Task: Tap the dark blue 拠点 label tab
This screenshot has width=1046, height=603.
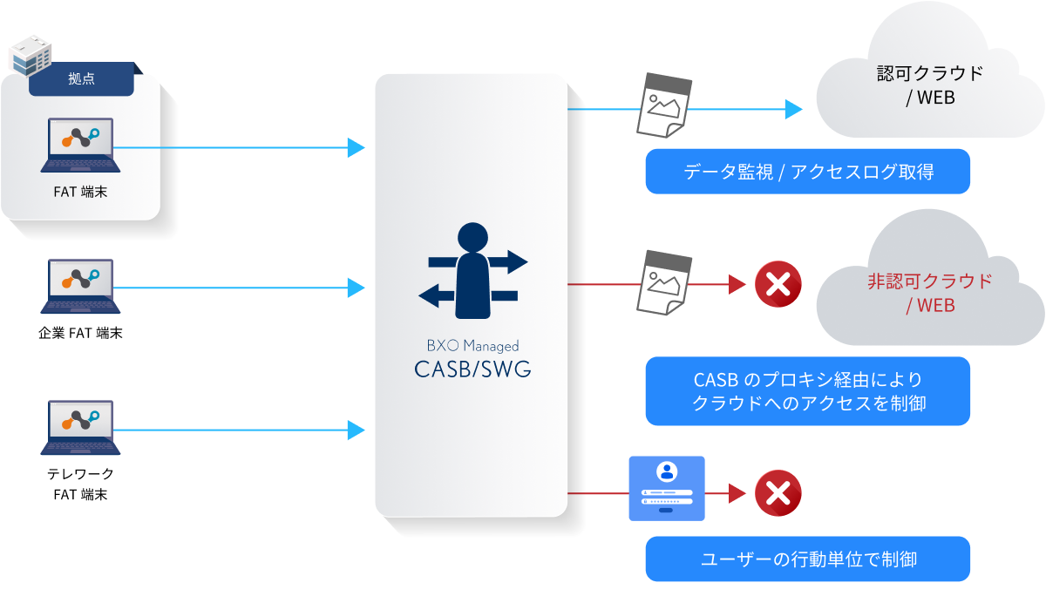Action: coord(81,79)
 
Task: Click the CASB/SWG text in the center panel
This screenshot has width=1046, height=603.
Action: coord(472,370)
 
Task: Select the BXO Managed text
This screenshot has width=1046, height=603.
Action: coord(472,346)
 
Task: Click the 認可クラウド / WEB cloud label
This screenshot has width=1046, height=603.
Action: coord(929,85)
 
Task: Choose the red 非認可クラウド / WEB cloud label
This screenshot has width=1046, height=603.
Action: coord(929,294)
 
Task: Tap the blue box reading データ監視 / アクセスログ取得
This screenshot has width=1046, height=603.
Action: coord(807,172)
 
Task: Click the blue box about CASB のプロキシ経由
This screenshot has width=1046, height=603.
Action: coord(807,391)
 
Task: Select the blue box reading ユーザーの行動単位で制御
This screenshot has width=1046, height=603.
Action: coord(807,559)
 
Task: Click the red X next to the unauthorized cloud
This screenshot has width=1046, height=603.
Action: coord(778,284)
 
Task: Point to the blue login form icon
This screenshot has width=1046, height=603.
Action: coord(667,489)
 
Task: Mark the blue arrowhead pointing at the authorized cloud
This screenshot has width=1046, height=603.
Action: coord(793,109)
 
